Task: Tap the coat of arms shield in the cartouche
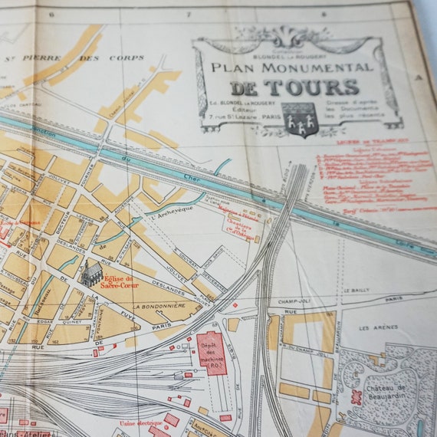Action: click(299, 120)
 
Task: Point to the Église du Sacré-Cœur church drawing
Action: click(91, 273)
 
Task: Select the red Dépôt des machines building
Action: click(211, 353)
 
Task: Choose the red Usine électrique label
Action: click(139, 422)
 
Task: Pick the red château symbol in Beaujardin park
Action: click(355, 398)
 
